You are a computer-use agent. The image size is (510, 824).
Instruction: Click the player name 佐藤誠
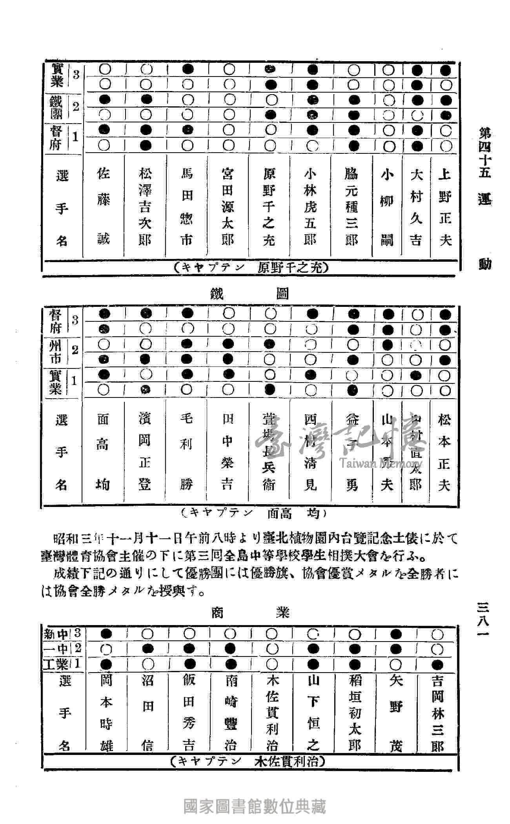[104, 206]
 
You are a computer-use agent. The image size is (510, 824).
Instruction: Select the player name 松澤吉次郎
[145, 206]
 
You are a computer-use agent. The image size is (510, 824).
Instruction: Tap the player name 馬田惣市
[187, 206]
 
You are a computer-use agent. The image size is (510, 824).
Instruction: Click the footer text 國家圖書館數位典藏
[255, 807]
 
